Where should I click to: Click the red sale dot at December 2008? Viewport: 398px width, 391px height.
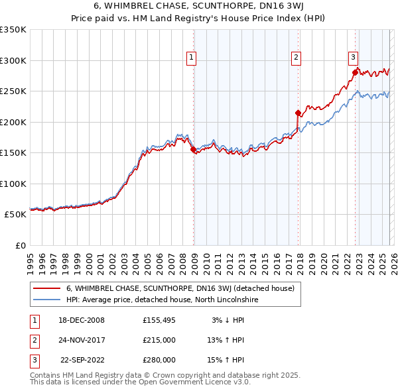click(193, 150)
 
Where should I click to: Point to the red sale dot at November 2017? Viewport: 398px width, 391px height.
click(298, 113)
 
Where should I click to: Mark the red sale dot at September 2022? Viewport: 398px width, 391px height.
click(355, 73)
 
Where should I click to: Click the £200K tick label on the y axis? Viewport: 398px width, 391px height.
click(13, 122)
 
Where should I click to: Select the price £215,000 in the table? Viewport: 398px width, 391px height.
click(159, 340)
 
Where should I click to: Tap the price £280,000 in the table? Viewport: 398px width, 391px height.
click(159, 360)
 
